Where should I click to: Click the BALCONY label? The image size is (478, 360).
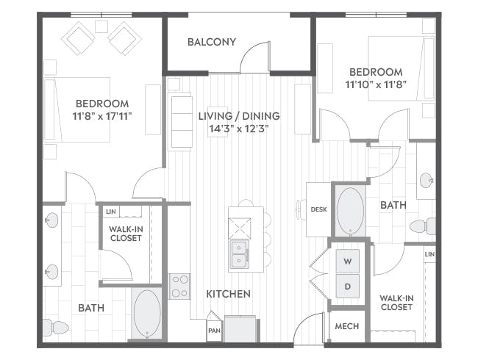(x=212, y=42)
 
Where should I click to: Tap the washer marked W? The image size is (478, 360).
(x=348, y=261)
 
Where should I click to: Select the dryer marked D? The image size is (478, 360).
(x=348, y=286)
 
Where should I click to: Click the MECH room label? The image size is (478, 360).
(x=347, y=326)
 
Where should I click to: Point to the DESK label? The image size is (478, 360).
(x=319, y=209)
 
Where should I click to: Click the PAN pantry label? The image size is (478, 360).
(x=214, y=331)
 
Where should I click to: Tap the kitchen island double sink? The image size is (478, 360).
(x=239, y=255)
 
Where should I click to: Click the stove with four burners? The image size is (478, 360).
(x=180, y=287)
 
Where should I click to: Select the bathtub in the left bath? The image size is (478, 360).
(x=147, y=313)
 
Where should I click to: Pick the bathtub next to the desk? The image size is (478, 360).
(x=351, y=211)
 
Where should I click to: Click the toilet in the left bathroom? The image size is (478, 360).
(x=56, y=328)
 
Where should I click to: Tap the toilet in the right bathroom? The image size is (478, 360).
(x=423, y=226)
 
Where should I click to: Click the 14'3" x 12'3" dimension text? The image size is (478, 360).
(x=239, y=129)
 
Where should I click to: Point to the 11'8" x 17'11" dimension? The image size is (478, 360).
(x=102, y=116)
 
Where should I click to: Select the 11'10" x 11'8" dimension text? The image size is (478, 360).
(x=376, y=84)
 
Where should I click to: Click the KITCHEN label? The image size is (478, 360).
(x=228, y=294)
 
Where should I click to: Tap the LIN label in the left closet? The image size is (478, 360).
(x=111, y=212)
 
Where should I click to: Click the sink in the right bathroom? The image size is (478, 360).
(x=427, y=180)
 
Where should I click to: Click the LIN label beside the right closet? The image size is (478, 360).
(x=429, y=254)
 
